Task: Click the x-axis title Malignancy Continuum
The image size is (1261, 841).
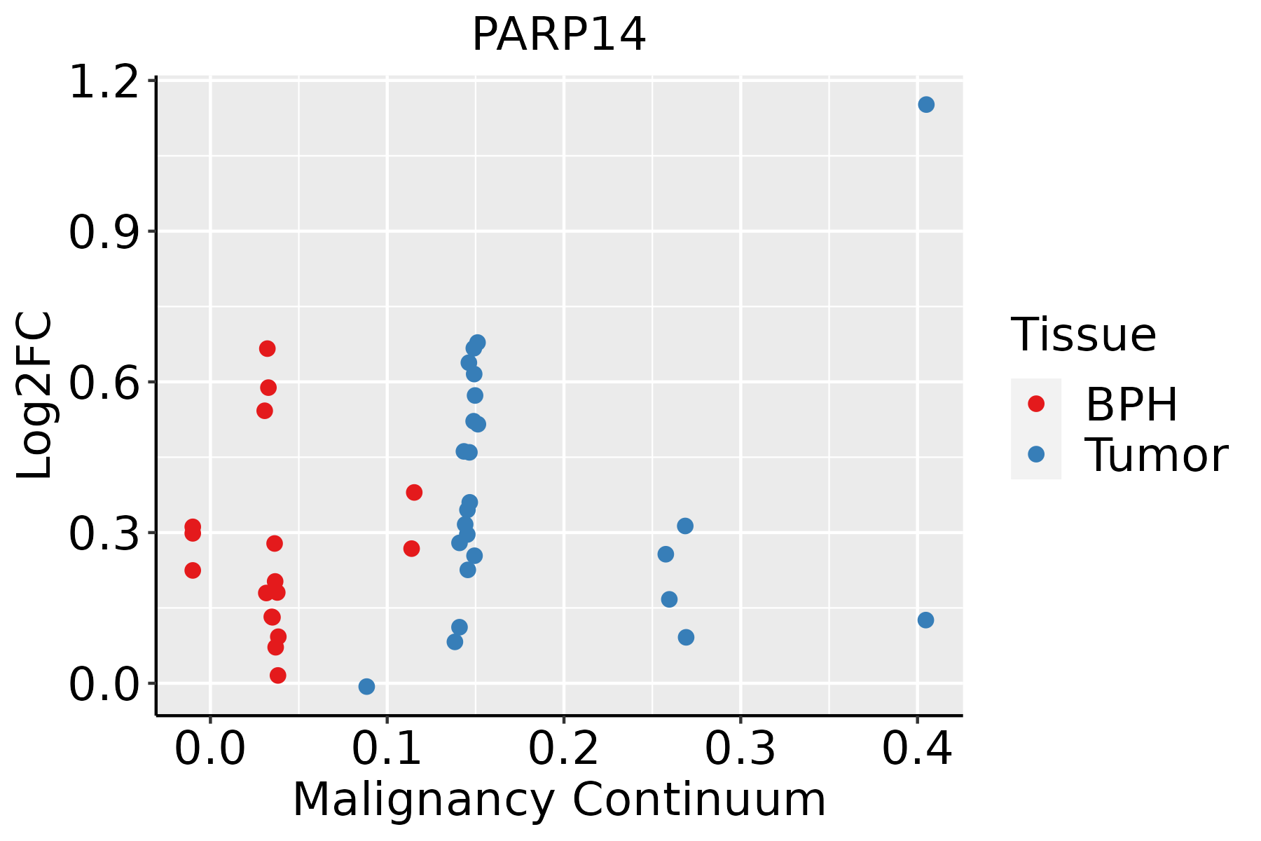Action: (558, 800)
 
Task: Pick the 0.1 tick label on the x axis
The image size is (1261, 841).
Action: (387, 748)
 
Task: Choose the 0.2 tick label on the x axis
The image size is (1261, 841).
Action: (563, 748)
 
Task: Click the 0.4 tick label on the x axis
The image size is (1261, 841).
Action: (916, 748)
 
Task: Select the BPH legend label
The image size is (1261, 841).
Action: (1131, 404)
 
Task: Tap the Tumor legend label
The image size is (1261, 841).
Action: (1156, 456)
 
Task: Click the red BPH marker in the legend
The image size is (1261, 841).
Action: (1035, 404)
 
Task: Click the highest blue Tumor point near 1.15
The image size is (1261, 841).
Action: (926, 104)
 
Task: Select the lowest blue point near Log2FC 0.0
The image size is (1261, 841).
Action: (366, 686)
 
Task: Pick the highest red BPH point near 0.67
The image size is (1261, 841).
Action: (267, 348)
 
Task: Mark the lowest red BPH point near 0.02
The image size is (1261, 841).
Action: (277, 676)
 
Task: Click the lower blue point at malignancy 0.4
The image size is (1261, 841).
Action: (925, 620)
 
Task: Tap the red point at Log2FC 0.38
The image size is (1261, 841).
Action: (414, 492)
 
